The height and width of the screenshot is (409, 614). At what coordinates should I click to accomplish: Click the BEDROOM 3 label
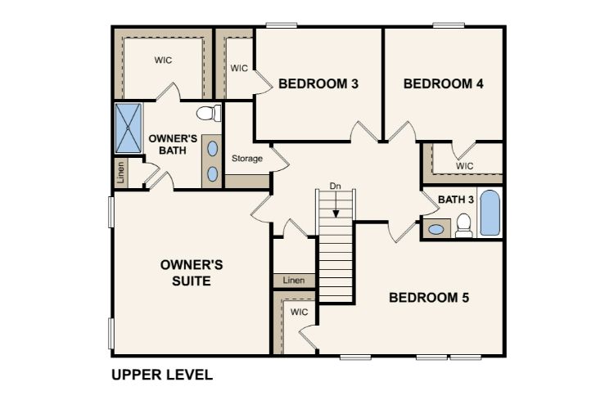318,83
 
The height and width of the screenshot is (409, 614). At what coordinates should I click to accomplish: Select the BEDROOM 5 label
428,298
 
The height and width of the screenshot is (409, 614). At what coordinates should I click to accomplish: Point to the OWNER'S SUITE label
186,273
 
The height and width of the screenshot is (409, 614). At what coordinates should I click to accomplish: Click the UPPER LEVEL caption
162,375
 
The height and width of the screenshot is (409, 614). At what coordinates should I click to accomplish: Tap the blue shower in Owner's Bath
127,129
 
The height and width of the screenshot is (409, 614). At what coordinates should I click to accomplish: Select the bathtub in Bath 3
489,213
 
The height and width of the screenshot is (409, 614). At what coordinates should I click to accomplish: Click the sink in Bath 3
436,229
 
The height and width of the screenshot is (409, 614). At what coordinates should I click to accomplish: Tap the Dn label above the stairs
335,186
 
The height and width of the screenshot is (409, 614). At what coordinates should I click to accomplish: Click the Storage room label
246,159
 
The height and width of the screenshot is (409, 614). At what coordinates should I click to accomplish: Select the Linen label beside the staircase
293,281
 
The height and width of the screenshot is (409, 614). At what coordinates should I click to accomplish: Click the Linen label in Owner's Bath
120,172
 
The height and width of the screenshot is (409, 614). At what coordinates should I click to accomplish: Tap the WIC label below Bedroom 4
465,165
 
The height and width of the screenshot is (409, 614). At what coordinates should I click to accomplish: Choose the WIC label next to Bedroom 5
299,312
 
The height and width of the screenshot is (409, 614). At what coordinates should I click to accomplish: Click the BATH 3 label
456,200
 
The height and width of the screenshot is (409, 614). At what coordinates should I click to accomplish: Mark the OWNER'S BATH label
173,144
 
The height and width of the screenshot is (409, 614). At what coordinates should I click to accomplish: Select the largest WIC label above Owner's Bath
164,60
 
